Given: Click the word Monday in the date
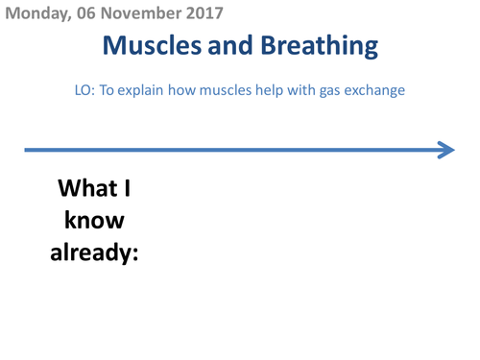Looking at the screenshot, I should [34, 13].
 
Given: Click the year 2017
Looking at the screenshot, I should [202, 13].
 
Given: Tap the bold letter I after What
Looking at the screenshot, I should [128, 187].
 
